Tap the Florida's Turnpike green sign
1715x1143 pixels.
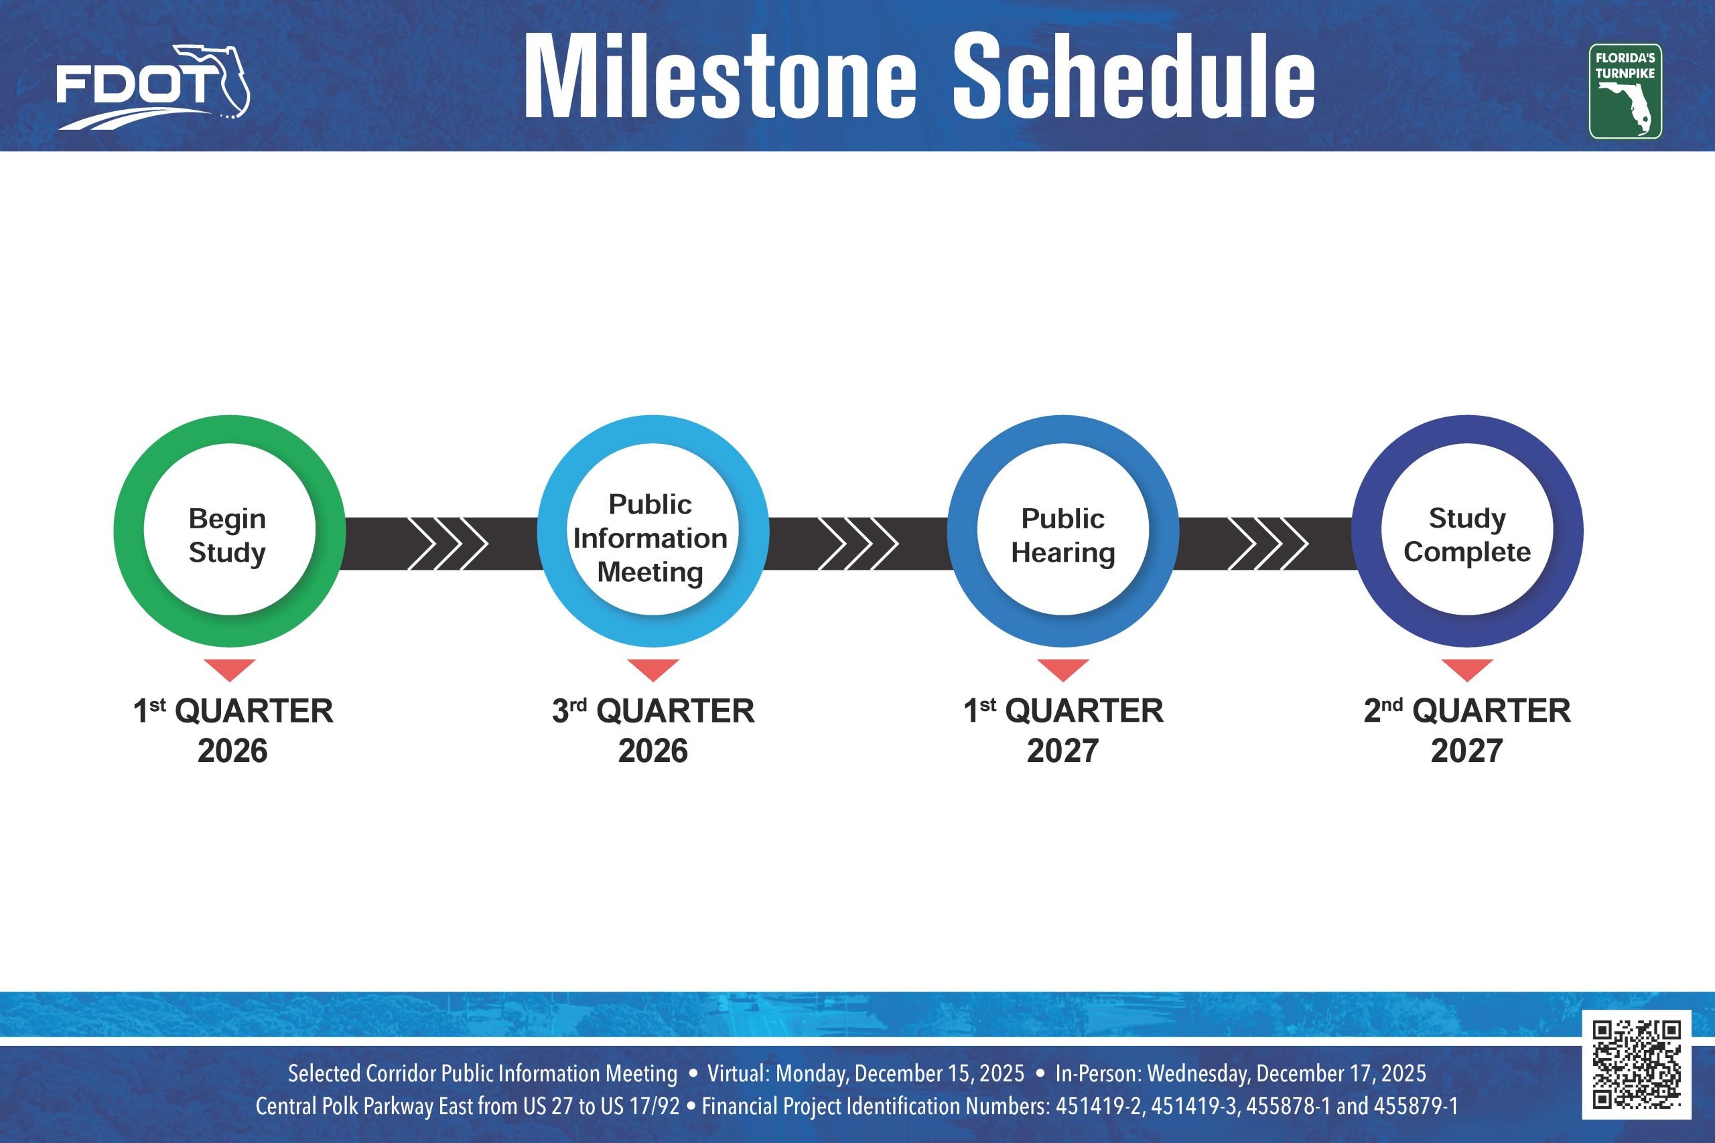coord(1625,91)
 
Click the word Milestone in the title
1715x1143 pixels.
coord(719,76)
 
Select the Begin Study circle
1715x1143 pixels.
coord(229,531)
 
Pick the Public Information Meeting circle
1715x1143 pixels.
coord(653,531)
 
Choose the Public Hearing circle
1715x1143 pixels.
coord(1062,531)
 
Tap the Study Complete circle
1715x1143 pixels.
coord(1467,531)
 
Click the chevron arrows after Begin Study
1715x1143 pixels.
coord(447,544)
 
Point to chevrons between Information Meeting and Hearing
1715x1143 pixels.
coord(857,544)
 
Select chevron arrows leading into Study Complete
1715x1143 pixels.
coord(1268,544)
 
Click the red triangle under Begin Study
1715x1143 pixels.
coord(229,668)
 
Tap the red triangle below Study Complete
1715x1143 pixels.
coord(1467,668)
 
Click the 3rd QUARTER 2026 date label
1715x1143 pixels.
coord(653,730)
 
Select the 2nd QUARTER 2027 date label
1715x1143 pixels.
coord(1467,730)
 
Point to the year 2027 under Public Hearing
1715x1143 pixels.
coord(1062,751)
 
